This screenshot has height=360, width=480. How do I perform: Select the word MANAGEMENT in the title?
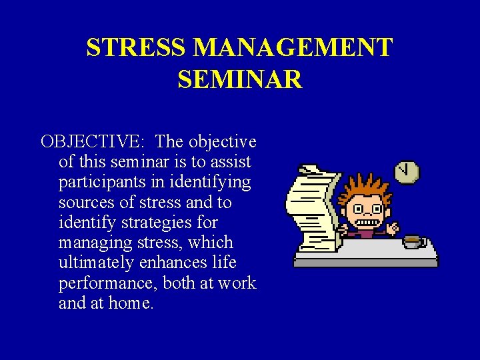[x=293, y=48]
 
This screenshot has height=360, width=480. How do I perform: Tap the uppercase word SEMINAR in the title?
[x=240, y=79]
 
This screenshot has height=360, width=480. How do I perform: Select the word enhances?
[x=171, y=263]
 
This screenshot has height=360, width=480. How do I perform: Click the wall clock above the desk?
[x=407, y=171]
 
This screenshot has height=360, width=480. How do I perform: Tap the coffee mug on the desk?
[x=413, y=241]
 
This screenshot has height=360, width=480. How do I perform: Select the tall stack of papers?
[x=311, y=207]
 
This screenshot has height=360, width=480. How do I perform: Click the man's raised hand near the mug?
[x=393, y=227]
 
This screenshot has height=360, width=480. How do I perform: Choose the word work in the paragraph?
[x=237, y=283]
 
